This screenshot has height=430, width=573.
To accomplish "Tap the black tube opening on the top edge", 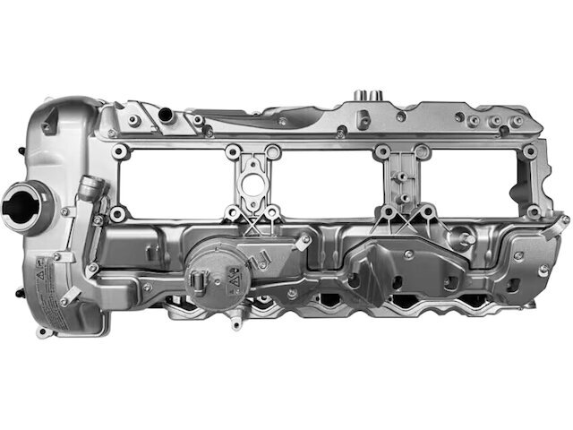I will click(166, 114).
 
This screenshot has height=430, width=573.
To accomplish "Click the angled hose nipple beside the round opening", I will click(87, 191).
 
